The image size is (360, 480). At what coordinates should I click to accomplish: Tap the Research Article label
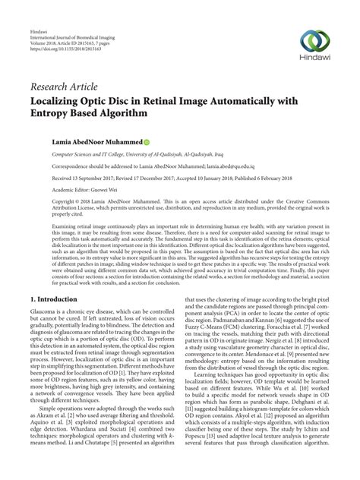coord(64,86)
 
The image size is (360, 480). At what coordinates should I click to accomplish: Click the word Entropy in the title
coord(55,113)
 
